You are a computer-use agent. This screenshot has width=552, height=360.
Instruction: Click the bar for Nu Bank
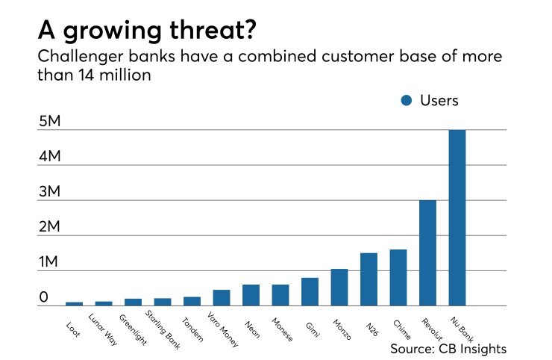click(x=457, y=218)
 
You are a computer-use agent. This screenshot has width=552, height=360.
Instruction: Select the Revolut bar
click(x=427, y=253)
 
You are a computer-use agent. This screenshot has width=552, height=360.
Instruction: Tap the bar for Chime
click(x=398, y=278)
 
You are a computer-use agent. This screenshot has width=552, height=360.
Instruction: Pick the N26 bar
click(x=368, y=279)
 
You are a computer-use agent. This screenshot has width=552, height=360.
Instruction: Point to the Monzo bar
click(x=339, y=288)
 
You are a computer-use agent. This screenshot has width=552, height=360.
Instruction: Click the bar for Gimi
click(x=310, y=292)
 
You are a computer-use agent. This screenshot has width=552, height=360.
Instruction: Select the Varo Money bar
click(x=222, y=298)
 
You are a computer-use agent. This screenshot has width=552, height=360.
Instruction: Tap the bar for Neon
click(x=251, y=295)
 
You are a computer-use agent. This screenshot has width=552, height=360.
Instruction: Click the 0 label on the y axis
click(x=44, y=297)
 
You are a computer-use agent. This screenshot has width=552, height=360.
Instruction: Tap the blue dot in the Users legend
click(x=406, y=101)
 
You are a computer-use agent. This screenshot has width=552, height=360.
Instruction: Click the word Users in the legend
click(x=441, y=101)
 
